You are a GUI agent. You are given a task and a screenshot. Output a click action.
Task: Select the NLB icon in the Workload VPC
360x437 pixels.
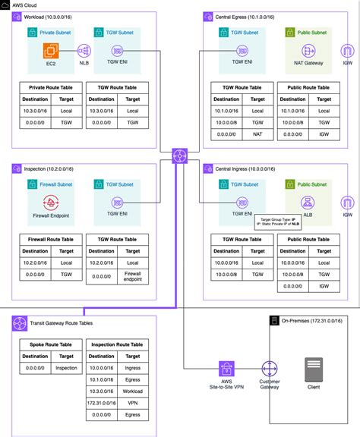pyautogui.click(x=84, y=52)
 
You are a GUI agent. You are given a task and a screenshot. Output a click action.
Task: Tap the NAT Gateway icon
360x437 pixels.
pyautogui.click(x=309, y=52)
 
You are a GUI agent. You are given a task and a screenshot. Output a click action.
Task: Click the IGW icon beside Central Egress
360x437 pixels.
pyautogui.click(x=347, y=52)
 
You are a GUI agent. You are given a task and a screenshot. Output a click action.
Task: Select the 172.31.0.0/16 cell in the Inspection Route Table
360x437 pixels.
pyautogui.click(x=102, y=402)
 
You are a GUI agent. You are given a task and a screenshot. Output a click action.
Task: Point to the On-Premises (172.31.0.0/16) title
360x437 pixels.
pyautogui.click(x=313, y=322)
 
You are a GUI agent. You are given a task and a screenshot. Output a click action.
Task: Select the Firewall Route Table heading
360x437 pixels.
pyautogui.click(x=52, y=238)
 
